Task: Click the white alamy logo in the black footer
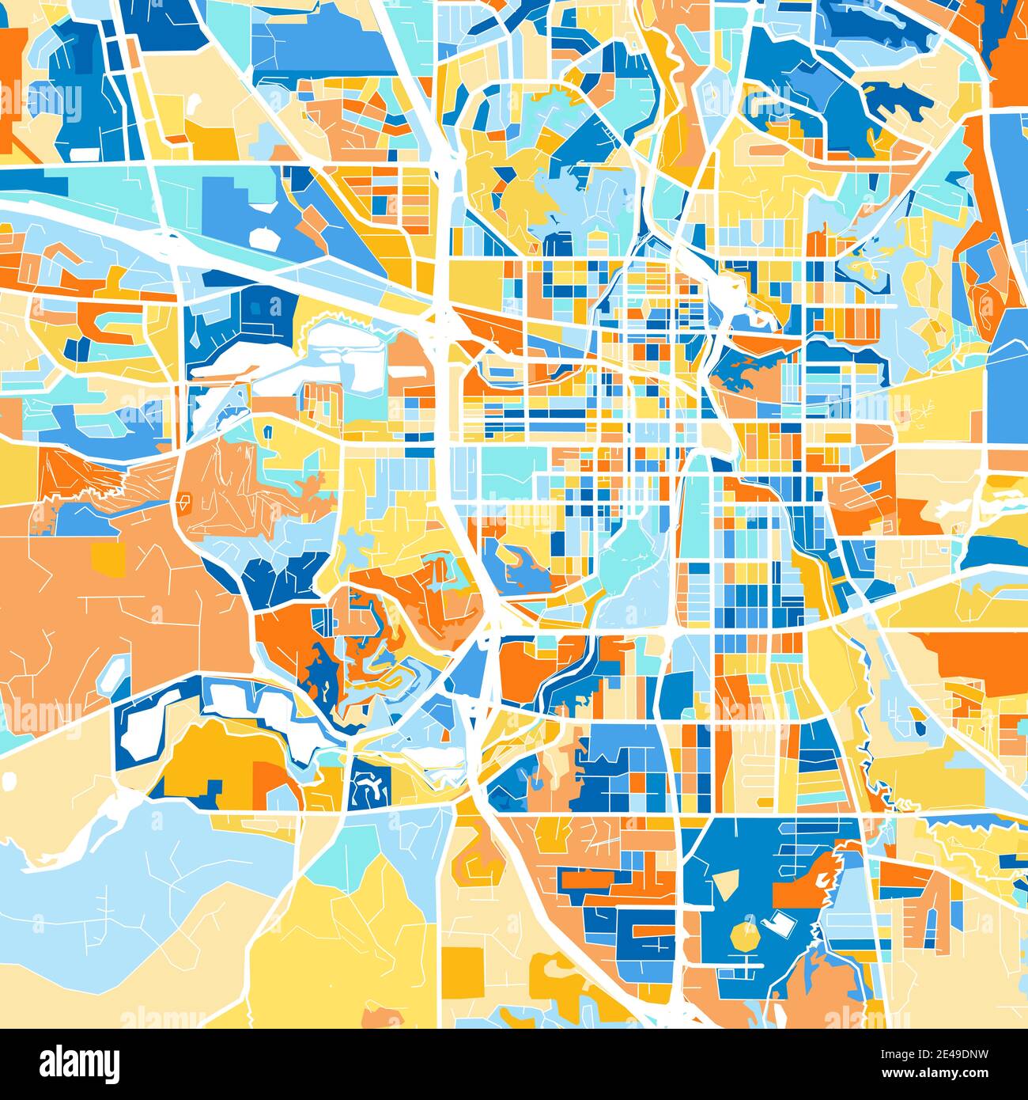79,1063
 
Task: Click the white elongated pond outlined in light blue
113,673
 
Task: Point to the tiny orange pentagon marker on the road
186,500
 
